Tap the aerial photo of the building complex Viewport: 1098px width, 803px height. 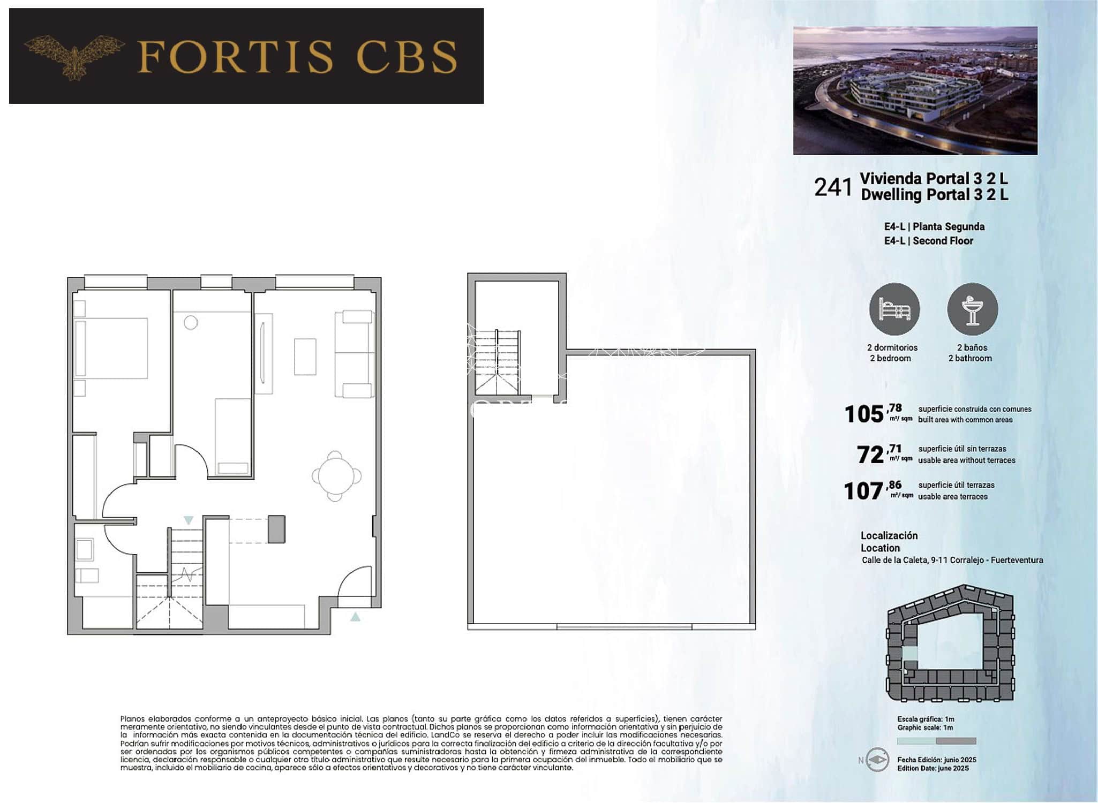(x=915, y=90)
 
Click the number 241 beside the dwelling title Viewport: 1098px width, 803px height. (x=832, y=187)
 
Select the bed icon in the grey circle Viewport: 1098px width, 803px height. (x=894, y=309)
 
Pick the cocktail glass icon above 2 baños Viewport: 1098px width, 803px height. (x=972, y=309)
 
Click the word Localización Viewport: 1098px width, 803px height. (x=889, y=535)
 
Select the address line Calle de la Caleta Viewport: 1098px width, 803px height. (x=952, y=560)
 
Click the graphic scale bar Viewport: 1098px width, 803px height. (x=936, y=741)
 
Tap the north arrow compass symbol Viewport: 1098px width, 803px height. (x=877, y=760)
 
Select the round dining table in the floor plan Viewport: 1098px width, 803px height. (x=335, y=476)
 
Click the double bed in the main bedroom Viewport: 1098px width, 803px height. (x=111, y=349)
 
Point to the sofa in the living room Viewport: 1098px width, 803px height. (x=354, y=354)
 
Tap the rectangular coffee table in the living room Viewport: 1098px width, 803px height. (x=305, y=357)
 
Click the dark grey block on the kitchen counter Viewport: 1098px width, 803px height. (x=276, y=529)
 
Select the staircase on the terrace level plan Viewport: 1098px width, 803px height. (x=498, y=362)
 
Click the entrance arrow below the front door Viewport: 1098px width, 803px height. (x=355, y=617)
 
